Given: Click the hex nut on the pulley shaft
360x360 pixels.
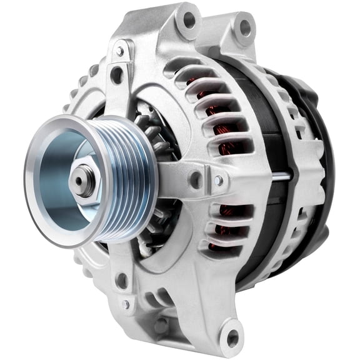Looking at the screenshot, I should click(x=83, y=181).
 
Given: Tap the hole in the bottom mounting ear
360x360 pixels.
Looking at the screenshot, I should click(x=232, y=338).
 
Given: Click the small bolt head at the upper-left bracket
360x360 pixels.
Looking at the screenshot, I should click(x=119, y=50).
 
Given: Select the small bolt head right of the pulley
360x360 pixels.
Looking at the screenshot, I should click(x=218, y=180).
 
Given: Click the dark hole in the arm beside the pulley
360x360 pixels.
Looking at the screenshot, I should click(x=196, y=181).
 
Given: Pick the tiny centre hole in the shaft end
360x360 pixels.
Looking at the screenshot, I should click(x=81, y=179).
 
